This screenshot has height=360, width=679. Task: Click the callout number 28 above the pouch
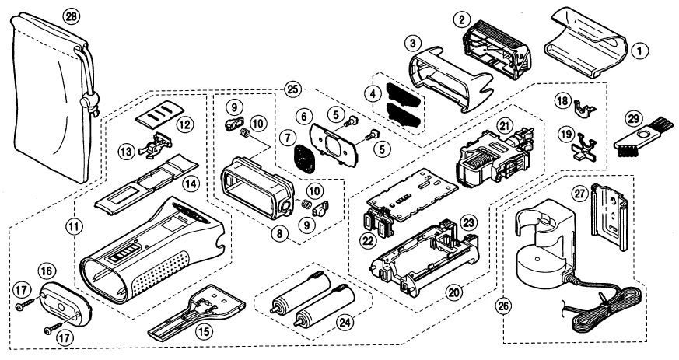point(72,18)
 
